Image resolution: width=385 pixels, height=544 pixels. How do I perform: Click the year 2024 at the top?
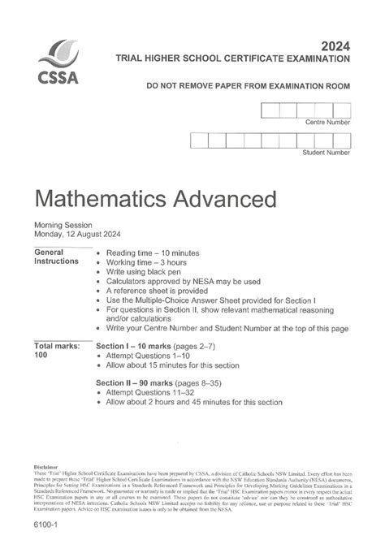pyautogui.click(x=335, y=45)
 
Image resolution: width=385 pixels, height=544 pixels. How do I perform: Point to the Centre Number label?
pyautogui.click(x=328, y=123)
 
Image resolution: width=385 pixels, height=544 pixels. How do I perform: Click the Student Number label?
pyautogui.click(x=326, y=152)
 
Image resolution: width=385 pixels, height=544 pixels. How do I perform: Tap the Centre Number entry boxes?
pyautogui.click(x=305, y=111)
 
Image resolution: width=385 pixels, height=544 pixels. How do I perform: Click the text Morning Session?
pyautogui.click(x=63, y=225)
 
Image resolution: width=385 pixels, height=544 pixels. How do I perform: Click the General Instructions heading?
pyautogui.click(x=56, y=257)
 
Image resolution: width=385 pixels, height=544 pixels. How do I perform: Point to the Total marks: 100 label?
pyautogui.click(x=56, y=351)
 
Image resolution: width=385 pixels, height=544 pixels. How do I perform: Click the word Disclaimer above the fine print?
pyautogui.click(x=47, y=467)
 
